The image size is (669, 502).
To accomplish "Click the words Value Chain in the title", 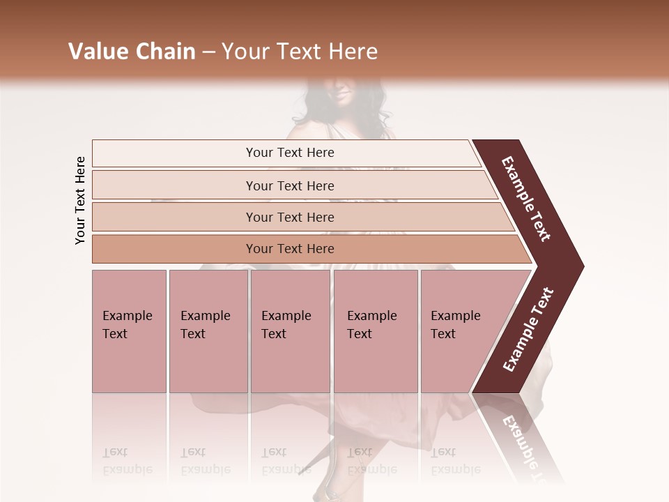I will pos(132,52).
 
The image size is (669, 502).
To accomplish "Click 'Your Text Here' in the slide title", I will pos(300,52).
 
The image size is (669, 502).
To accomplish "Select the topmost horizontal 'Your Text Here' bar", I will pos(290,153).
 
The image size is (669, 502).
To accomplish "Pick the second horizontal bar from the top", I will pos(290,185).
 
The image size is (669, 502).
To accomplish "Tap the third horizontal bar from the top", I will pos(290,217).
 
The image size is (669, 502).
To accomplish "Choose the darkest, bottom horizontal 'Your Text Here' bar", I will pos(290,249).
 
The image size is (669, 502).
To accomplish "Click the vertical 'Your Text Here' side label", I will pos(80,200).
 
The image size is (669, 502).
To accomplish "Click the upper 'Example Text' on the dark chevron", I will pos(526,199).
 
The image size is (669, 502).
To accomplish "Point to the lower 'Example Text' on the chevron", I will pos(528,330).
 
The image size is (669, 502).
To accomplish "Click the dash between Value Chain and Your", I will pos(208,52).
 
